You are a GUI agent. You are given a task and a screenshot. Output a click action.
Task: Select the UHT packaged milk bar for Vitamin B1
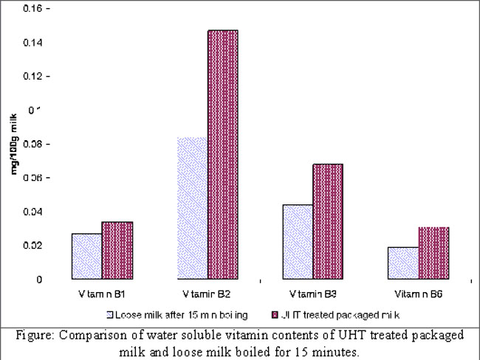(117, 251)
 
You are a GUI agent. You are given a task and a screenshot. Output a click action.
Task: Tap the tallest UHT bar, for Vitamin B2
(223, 155)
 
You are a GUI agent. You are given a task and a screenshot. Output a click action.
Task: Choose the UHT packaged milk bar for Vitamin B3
(328, 222)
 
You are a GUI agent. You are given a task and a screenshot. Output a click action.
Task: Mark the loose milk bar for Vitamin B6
(403, 263)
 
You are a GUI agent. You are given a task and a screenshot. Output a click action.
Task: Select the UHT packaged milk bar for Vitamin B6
(433, 253)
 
